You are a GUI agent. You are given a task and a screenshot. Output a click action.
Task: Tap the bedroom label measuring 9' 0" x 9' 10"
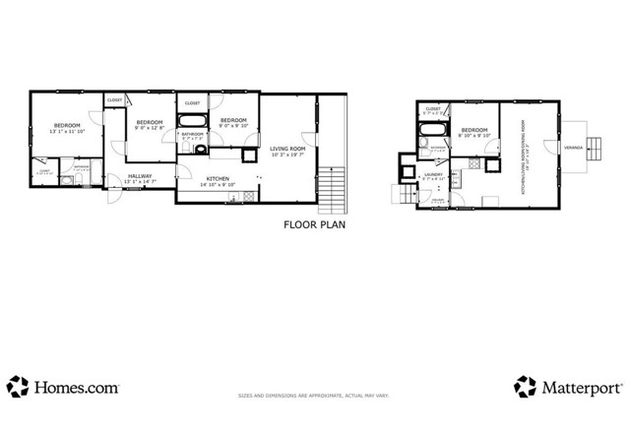pos(232,121)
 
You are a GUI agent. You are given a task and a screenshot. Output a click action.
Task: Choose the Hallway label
pos(138,178)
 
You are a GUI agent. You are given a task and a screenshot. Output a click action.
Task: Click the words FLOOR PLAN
pos(314,224)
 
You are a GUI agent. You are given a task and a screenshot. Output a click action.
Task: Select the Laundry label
pos(434,175)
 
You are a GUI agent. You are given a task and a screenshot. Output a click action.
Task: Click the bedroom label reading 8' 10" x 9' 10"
pos(474,132)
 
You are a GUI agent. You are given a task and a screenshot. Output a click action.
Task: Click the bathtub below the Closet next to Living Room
pos(192,123)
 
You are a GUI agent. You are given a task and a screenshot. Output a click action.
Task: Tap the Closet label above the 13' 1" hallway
pos(115,99)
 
